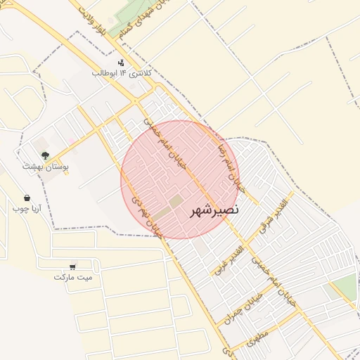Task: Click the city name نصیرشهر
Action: [x=214, y=210]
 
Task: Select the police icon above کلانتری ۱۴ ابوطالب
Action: [x=121, y=63]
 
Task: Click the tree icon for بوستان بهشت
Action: [x=45, y=155]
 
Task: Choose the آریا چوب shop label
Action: [x=27, y=209]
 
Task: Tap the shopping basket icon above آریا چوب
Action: [x=27, y=198]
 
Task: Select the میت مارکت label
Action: [x=72, y=277]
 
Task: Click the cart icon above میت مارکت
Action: [x=73, y=266]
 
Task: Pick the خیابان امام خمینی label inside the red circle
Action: [x=164, y=146]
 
